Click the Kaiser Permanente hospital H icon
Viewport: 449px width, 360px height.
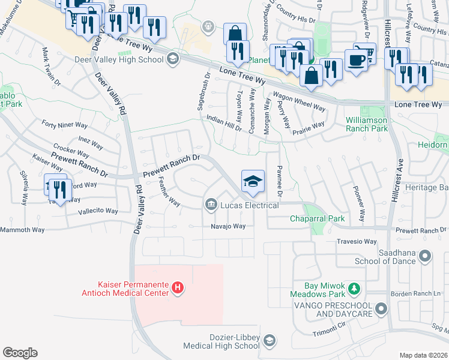[177, 289]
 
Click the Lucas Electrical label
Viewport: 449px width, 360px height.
[249, 206]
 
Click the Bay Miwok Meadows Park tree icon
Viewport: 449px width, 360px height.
[355, 289]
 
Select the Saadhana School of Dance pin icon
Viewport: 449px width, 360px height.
[425, 257]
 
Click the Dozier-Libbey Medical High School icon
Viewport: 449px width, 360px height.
[268, 340]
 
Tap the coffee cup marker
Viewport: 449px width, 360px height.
[356, 61]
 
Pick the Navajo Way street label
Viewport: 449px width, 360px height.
[228, 226]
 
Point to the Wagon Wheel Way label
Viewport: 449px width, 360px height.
[299, 102]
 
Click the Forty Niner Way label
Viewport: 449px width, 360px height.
[65, 125]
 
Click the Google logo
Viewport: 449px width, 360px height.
[20, 353]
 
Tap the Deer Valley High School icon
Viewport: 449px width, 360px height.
[173, 58]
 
